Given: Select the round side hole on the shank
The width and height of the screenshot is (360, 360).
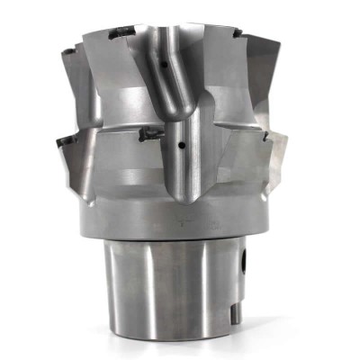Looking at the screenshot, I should click(x=245, y=267).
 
